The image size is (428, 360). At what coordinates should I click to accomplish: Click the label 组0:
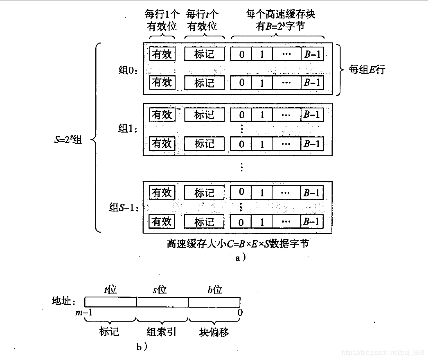click(x=128, y=70)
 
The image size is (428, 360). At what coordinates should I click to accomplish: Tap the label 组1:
click(x=128, y=129)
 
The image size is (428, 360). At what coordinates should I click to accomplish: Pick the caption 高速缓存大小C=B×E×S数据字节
click(x=237, y=244)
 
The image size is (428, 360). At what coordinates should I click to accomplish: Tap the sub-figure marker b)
click(x=142, y=347)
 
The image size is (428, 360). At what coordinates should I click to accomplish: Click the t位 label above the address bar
click(x=110, y=290)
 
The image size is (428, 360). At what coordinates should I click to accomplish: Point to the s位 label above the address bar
click(x=160, y=290)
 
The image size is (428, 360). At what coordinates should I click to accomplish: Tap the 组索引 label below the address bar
click(x=162, y=332)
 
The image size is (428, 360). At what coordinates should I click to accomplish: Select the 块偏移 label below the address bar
click(x=214, y=332)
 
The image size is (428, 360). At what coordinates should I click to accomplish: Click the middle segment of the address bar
click(x=162, y=302)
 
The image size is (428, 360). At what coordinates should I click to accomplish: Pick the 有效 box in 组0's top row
click(x=162, y=54)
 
